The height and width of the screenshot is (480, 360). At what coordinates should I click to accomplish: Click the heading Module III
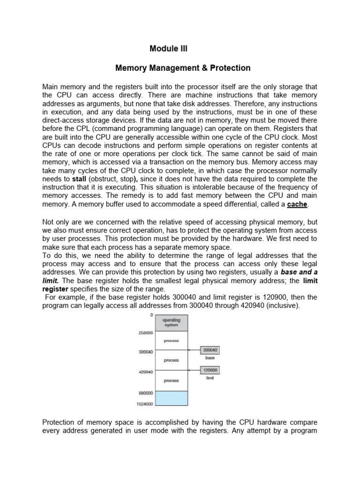point(168,48)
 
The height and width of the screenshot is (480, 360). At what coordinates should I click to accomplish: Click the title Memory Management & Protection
point(183,68)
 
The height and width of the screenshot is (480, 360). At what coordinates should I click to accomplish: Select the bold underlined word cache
point(297,204)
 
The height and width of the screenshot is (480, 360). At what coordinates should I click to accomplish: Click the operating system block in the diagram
point(171,322)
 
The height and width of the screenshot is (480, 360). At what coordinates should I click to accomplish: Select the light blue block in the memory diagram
point(171,398)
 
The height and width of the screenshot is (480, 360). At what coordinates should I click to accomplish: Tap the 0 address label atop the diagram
point(151,315)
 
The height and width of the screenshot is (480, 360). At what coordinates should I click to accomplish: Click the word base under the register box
point(210,358)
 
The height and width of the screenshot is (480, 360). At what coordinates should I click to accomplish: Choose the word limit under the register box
point(210,378)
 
